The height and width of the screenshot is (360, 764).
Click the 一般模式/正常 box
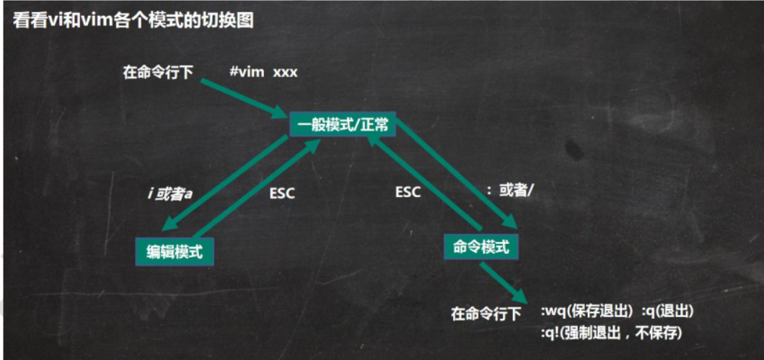[x=342, y=125]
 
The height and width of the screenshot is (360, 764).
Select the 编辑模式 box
[x=175, y=252]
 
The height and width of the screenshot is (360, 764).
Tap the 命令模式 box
[x=481, y=247]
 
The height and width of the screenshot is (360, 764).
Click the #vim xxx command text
[x=263, y=73]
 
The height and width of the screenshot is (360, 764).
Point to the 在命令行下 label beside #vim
[x=158, y=73]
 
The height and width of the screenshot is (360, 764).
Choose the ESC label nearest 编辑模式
[x=282, y=193]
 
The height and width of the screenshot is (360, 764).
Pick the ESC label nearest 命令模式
[x=408, y=193]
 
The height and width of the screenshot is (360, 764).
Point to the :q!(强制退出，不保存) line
[x=611, y=333]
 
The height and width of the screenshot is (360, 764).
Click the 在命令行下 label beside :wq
[x=486, y=314]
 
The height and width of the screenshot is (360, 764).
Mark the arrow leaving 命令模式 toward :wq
[x=506, y=282]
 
